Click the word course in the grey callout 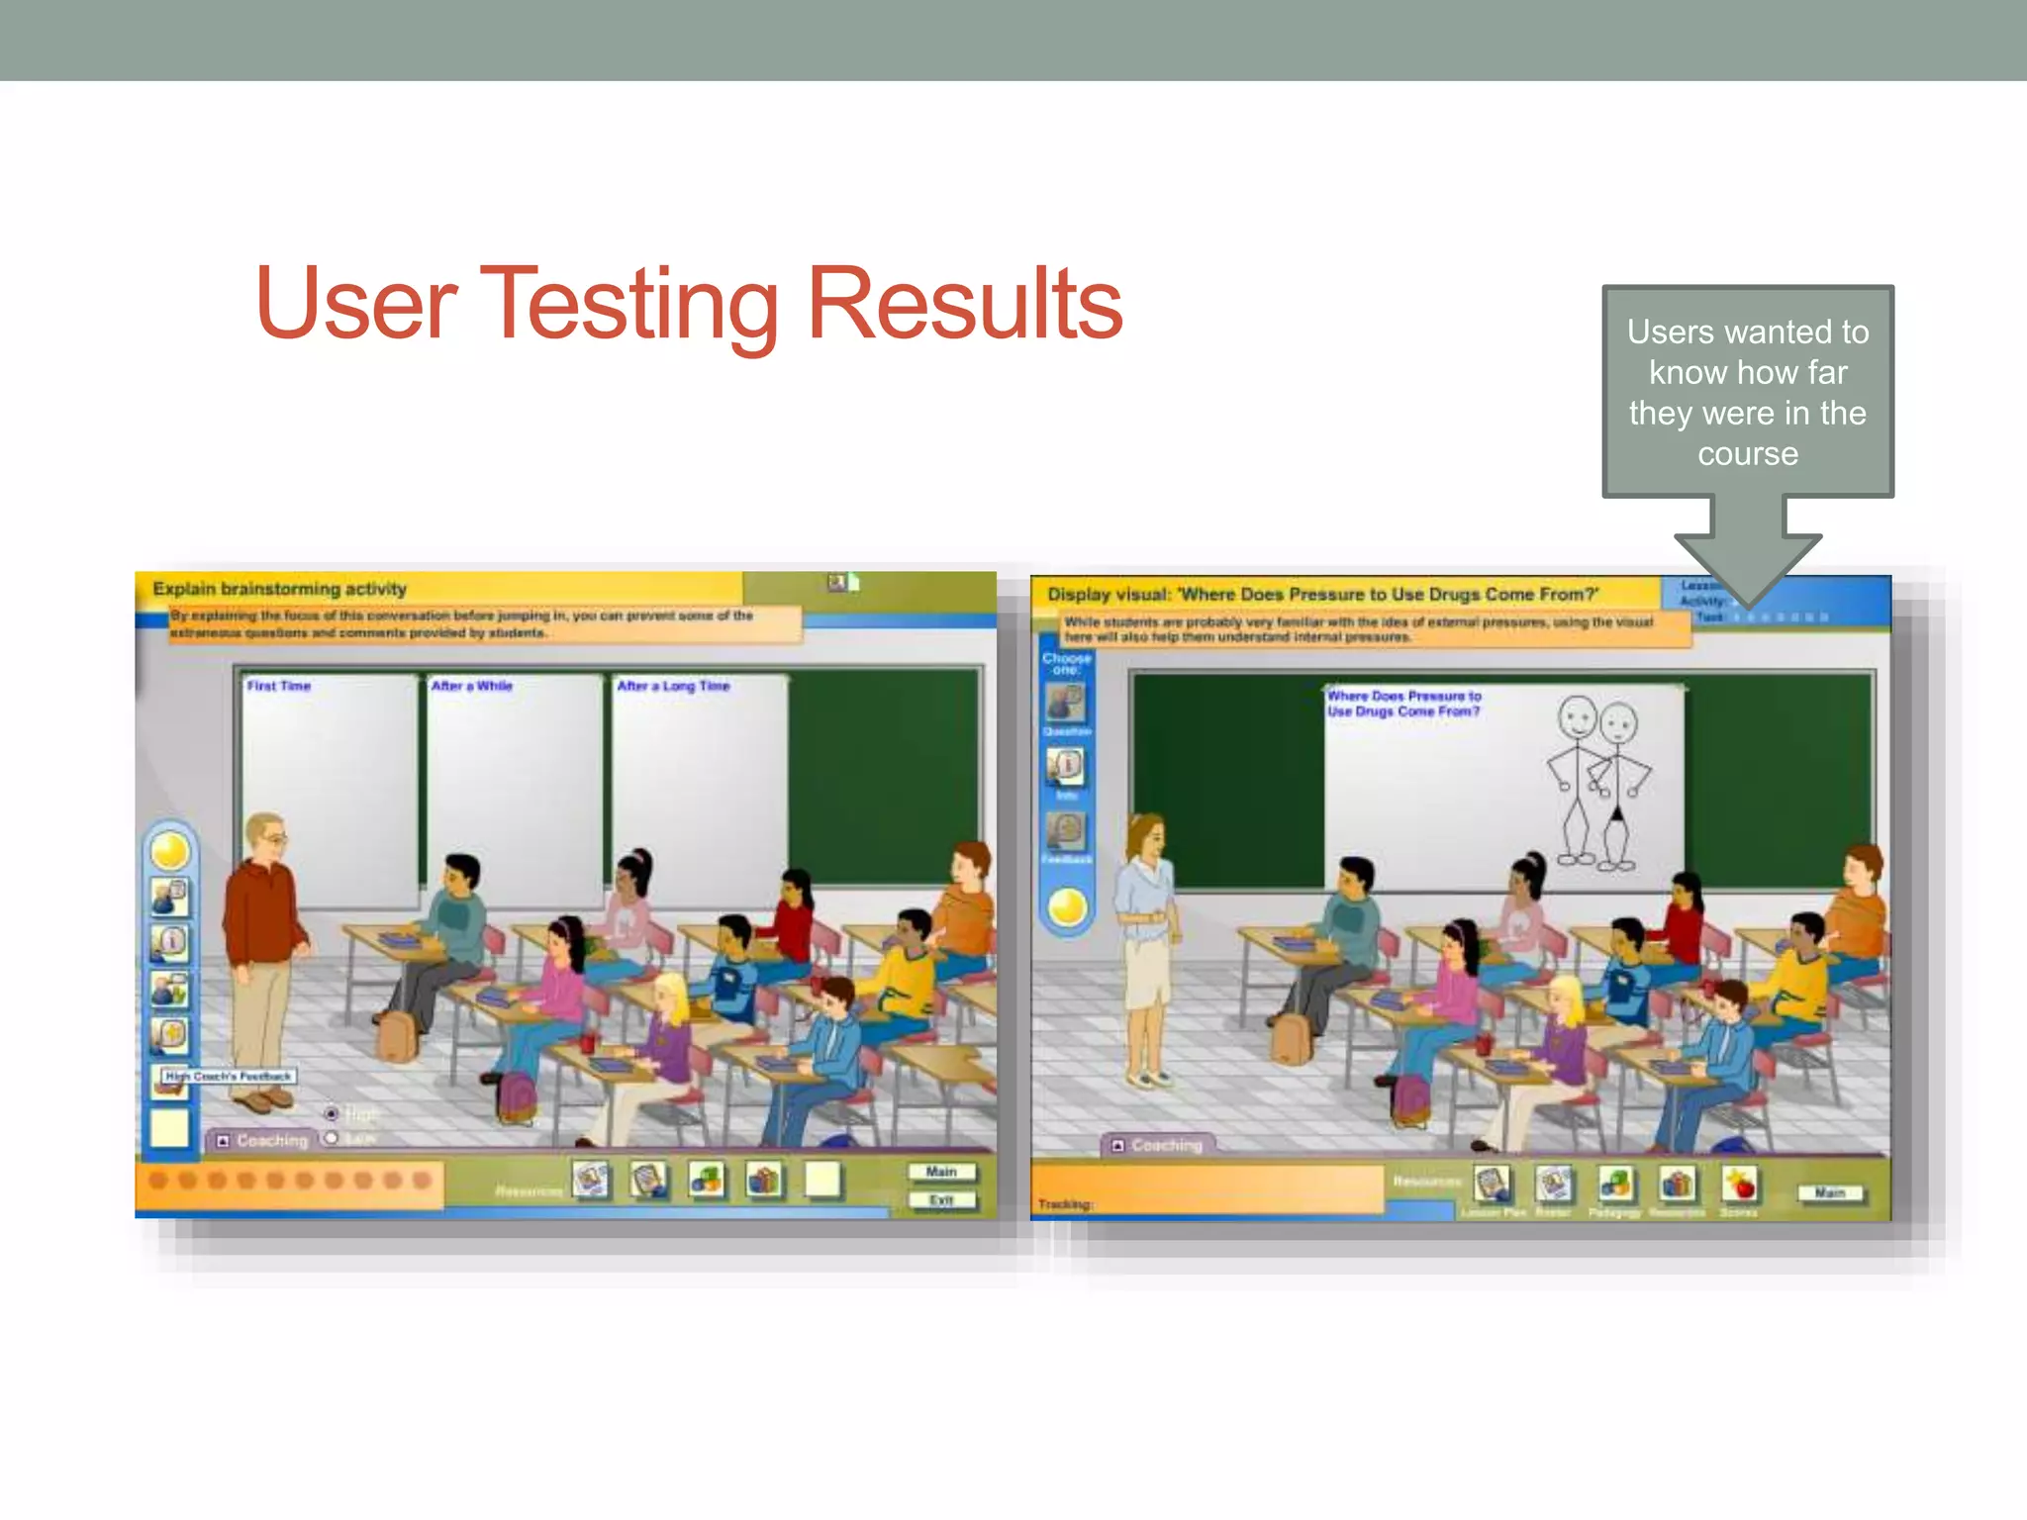1748,454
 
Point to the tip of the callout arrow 1748,605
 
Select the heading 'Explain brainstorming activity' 279,589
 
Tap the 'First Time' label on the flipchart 279,686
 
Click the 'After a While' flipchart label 471,686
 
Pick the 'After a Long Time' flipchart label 673,686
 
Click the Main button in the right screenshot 1829,1193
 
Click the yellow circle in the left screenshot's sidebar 170,851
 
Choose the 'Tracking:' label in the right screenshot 1065,1204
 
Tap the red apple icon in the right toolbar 1739,1184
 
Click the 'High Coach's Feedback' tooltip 229,1076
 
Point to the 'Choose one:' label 1066,663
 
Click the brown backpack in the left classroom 397,1036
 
